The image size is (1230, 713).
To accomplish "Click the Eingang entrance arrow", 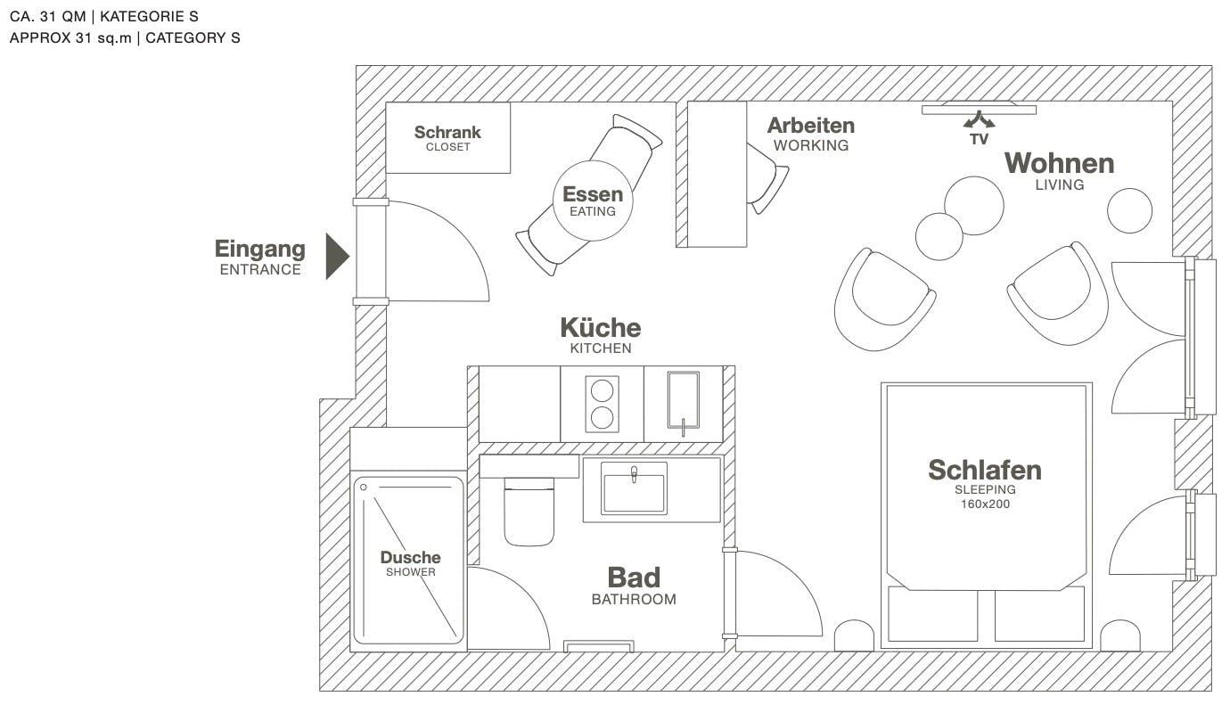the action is (x=337, y=257).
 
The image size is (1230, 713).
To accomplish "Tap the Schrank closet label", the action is (x=447, y=138).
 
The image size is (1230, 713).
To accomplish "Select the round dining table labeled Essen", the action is (x=593, y=201).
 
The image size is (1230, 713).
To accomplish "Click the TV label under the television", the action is (x=979, y=139).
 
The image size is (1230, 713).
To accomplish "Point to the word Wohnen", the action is (x=1059, y=164).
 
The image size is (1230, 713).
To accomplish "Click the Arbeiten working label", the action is (x=811, y=134).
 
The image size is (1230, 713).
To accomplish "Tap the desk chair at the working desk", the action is (x=767, y=178).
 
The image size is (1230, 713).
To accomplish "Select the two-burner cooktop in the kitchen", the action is (x=602, y=404).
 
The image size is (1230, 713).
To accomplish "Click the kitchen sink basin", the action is (x=683, y=400).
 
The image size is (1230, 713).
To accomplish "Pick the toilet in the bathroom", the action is (x=529, y=512).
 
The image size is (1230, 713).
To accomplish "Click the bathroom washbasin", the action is (x=634, y=488).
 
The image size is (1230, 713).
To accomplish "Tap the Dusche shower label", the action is (x=411, y=563).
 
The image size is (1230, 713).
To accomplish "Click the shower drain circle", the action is (x=363, y=487).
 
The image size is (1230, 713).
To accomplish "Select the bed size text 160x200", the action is (x=985, y=504).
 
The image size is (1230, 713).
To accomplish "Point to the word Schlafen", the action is (x=985, y=471).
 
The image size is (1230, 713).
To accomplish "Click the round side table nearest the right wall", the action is (x=1129, y=210).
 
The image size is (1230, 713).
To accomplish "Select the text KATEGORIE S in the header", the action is (x=149, y=16).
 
